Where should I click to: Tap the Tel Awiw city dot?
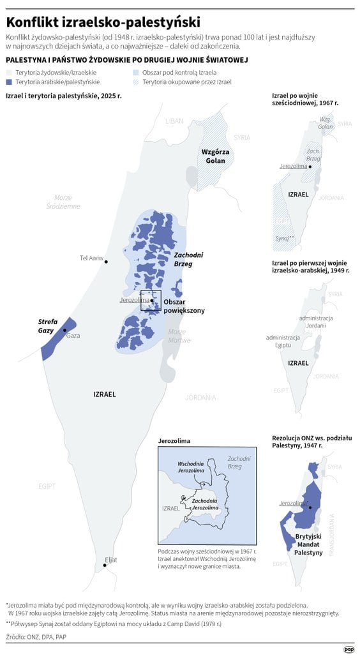(x=107, y=262)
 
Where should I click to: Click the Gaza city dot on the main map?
(x=65, y=330)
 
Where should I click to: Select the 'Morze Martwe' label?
(x=179, y=336)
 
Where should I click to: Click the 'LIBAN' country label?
(x=174, y=121)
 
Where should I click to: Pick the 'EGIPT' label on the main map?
(x=45, y=486)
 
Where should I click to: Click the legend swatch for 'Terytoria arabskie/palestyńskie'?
(x=9, y=82)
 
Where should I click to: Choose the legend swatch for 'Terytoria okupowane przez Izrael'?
(x=136, y=82)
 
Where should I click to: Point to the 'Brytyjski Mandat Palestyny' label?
(x=309, y=544)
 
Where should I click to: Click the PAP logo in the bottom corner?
(x=348, y=649)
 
